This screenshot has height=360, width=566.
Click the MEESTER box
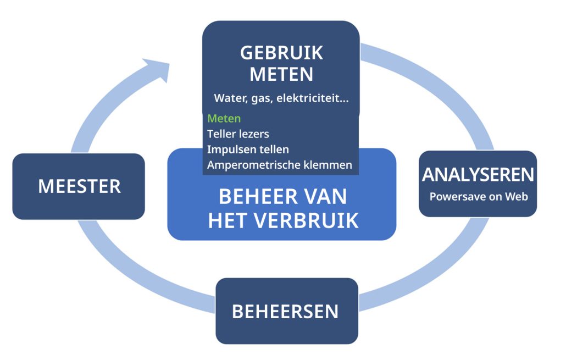pos(79,186)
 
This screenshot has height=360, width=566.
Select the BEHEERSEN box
pos(286,311)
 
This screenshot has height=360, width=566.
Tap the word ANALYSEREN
pos(478,175)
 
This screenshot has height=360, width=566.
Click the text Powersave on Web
pos(478,196)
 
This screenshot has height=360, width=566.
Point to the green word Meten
pos(224,118)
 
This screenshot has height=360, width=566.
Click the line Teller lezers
pos(238,134)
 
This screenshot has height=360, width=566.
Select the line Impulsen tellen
pos(248,149)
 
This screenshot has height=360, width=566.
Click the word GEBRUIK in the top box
pos(281,53)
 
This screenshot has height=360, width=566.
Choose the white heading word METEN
pos(281,74)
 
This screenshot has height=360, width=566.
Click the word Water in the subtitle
pos(229,99)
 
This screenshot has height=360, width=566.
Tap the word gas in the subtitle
pos(260,99)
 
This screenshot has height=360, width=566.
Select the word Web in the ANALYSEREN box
pos(518,196)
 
